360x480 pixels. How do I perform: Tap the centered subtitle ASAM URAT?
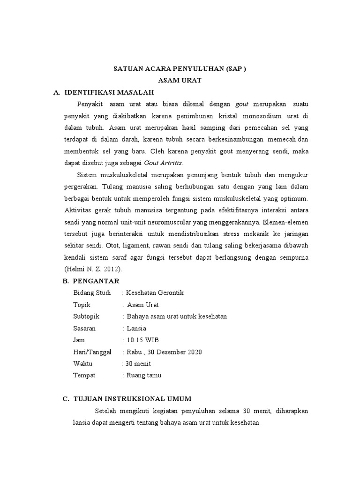pyautogui.click(x=180, y=81)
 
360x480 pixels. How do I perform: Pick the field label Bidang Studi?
pyautogui.click(x=92, y=293)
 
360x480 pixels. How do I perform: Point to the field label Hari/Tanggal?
pyautogui.click(x=92, y=352)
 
